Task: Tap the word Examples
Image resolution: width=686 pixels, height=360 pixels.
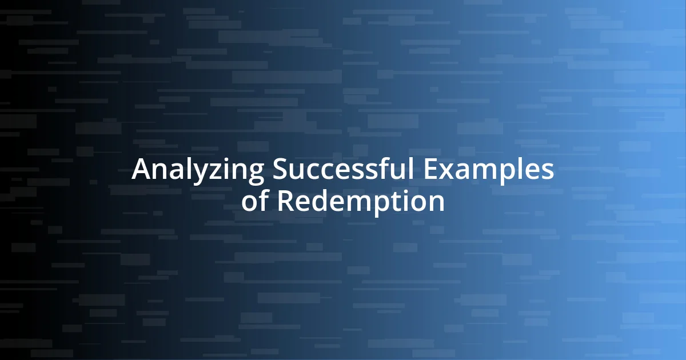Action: [x=489, y=170]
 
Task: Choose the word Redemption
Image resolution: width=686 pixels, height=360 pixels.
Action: [x=361, y=201]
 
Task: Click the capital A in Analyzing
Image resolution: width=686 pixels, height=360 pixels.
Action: [x=141, y=170]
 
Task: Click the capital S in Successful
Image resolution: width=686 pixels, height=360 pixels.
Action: [x=280, y=170]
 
